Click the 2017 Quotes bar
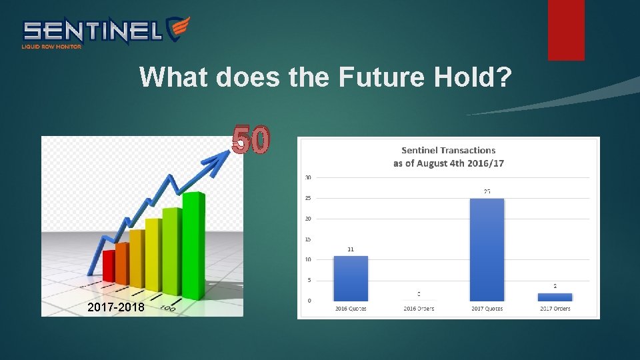point(487,250)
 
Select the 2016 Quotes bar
point(350,278)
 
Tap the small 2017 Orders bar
point(555,297)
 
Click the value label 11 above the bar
point(350,249)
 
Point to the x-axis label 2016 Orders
point(418,309)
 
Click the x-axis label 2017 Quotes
point(487,309)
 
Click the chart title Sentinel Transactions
point(448,151)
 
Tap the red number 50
point(251,140)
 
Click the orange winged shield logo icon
point(178,29)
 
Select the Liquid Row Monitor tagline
point(51,47)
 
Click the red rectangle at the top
point(566,30)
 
